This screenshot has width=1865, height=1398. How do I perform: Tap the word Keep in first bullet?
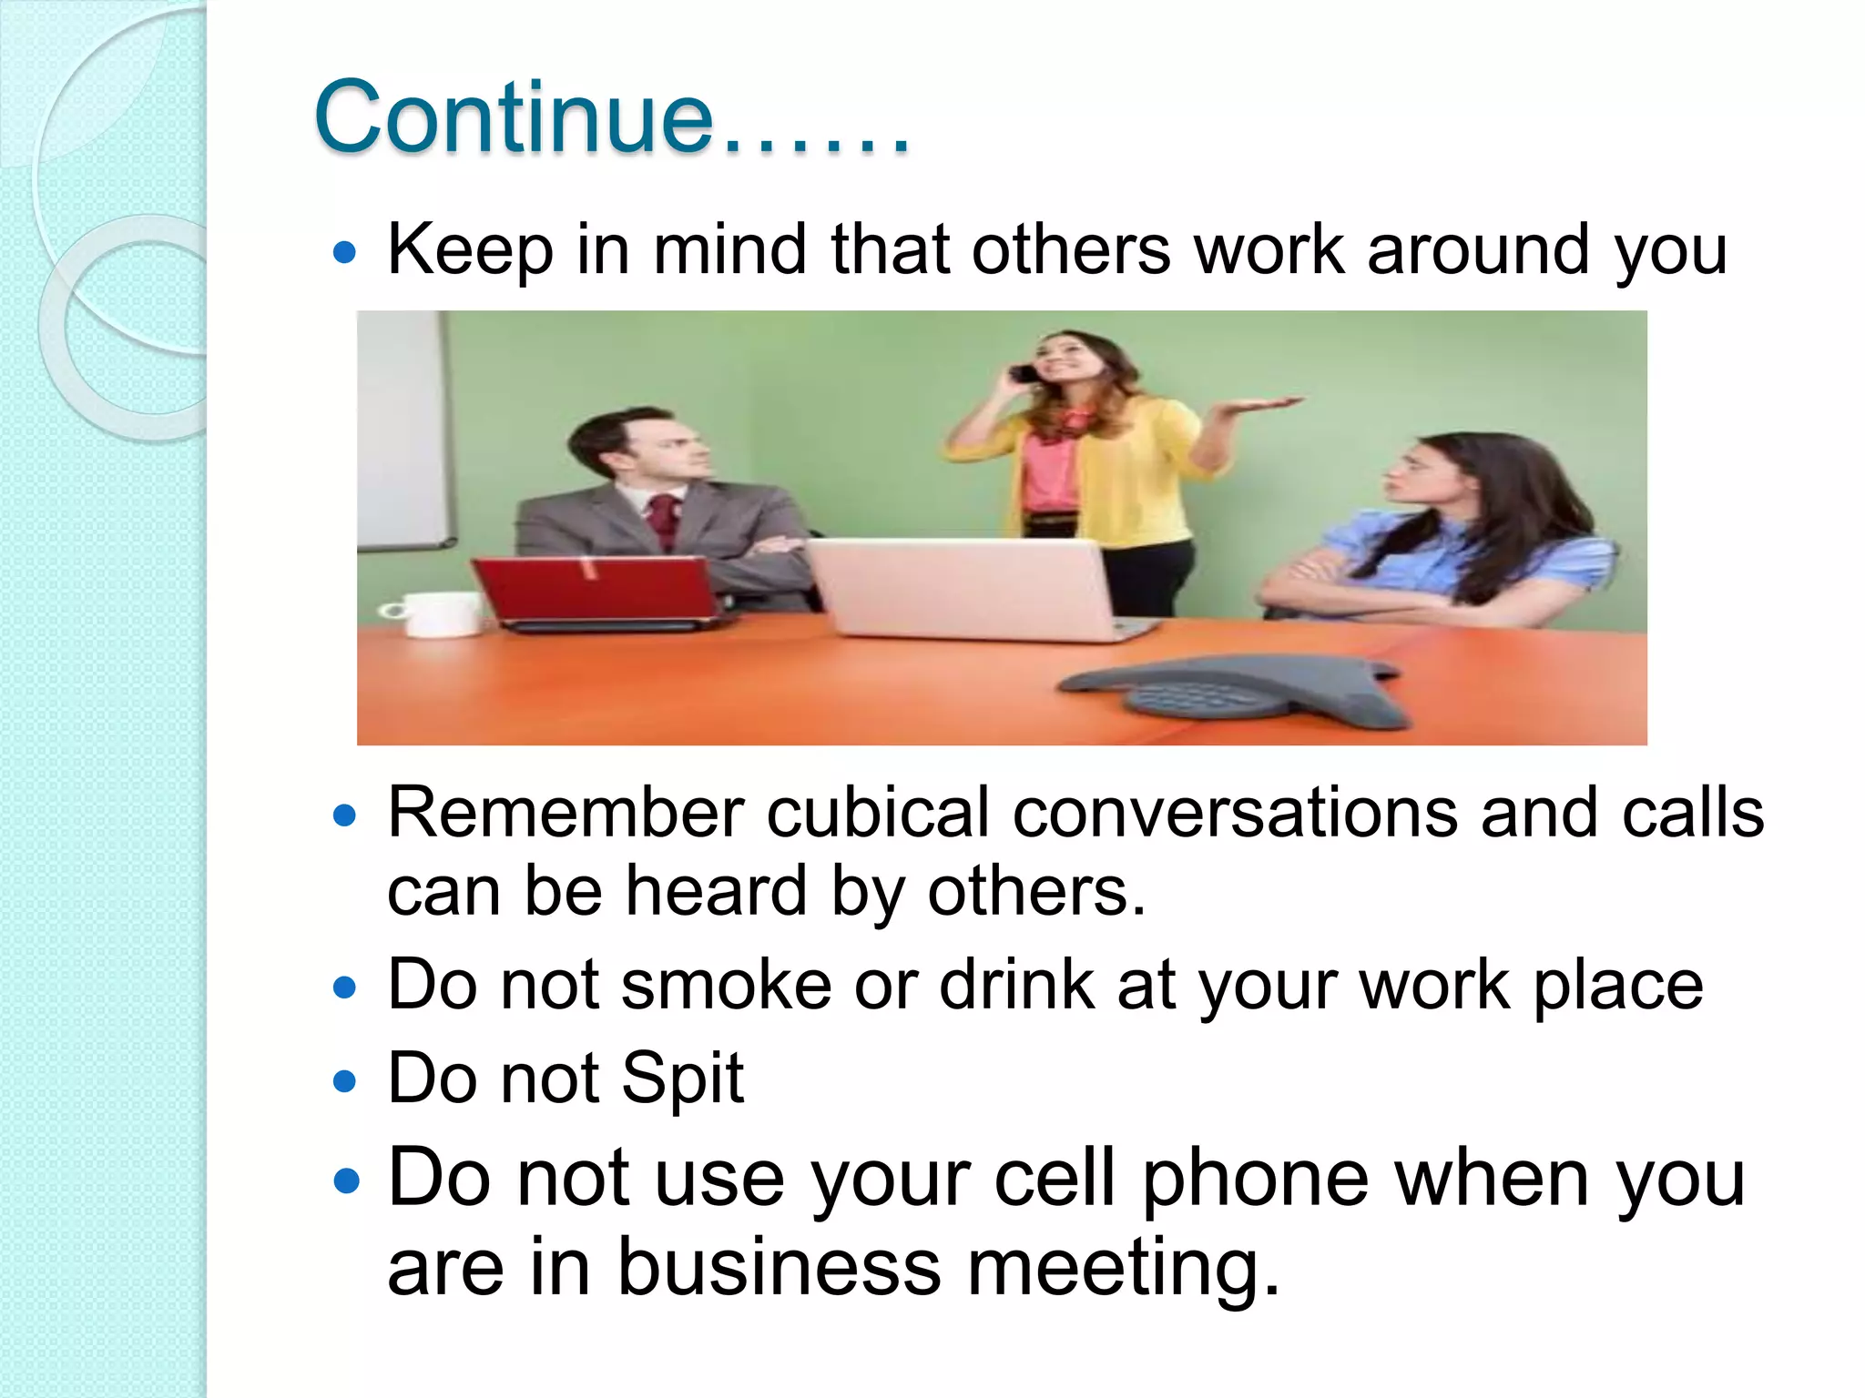tap(470, 249)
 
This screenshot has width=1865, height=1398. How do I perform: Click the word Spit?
tap(682, 1079)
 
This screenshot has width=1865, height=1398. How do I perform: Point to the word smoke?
tap(726, 985)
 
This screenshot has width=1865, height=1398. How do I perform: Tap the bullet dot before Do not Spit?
tap(344, 1081)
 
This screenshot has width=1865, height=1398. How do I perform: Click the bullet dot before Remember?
tap(344, 815)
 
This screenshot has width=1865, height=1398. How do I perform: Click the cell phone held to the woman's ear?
tap(1026, 373)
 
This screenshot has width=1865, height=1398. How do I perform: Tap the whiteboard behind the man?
tap(401, 428)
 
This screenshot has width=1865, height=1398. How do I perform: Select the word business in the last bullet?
tap(779, 1269)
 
